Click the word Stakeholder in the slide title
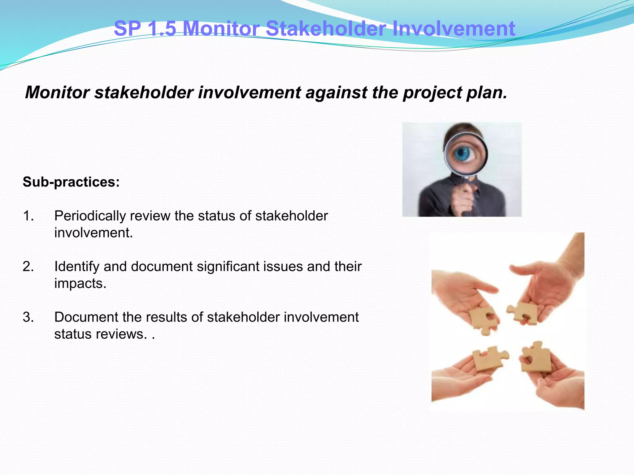coord(326,28)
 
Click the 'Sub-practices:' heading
coord(71,182)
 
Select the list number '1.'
coord(28,216)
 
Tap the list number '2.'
coord(28,267)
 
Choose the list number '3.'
coord(28,317)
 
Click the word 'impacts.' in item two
coord(80,284)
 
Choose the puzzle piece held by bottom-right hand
coord(536,357)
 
